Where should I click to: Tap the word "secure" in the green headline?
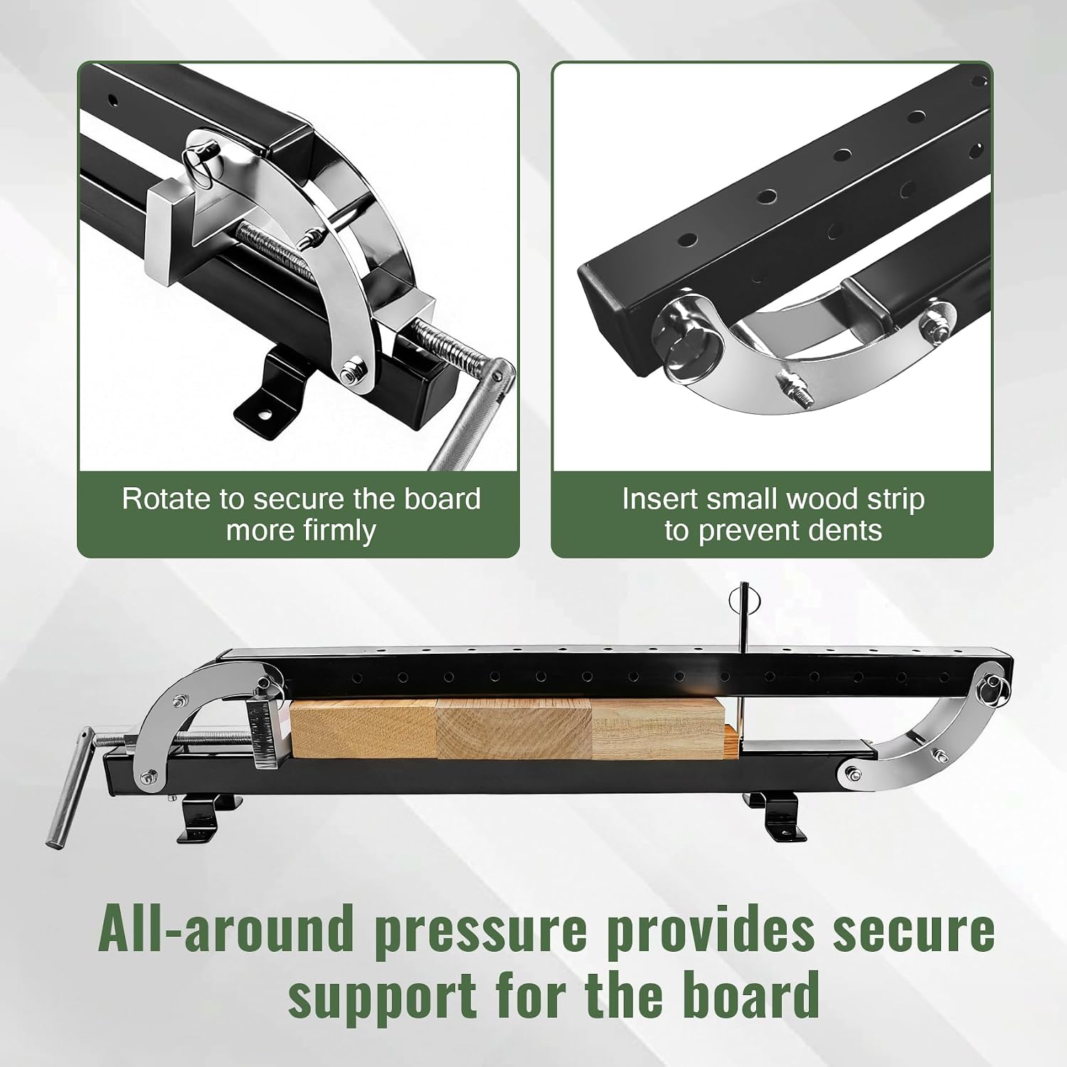pos(913,930)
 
